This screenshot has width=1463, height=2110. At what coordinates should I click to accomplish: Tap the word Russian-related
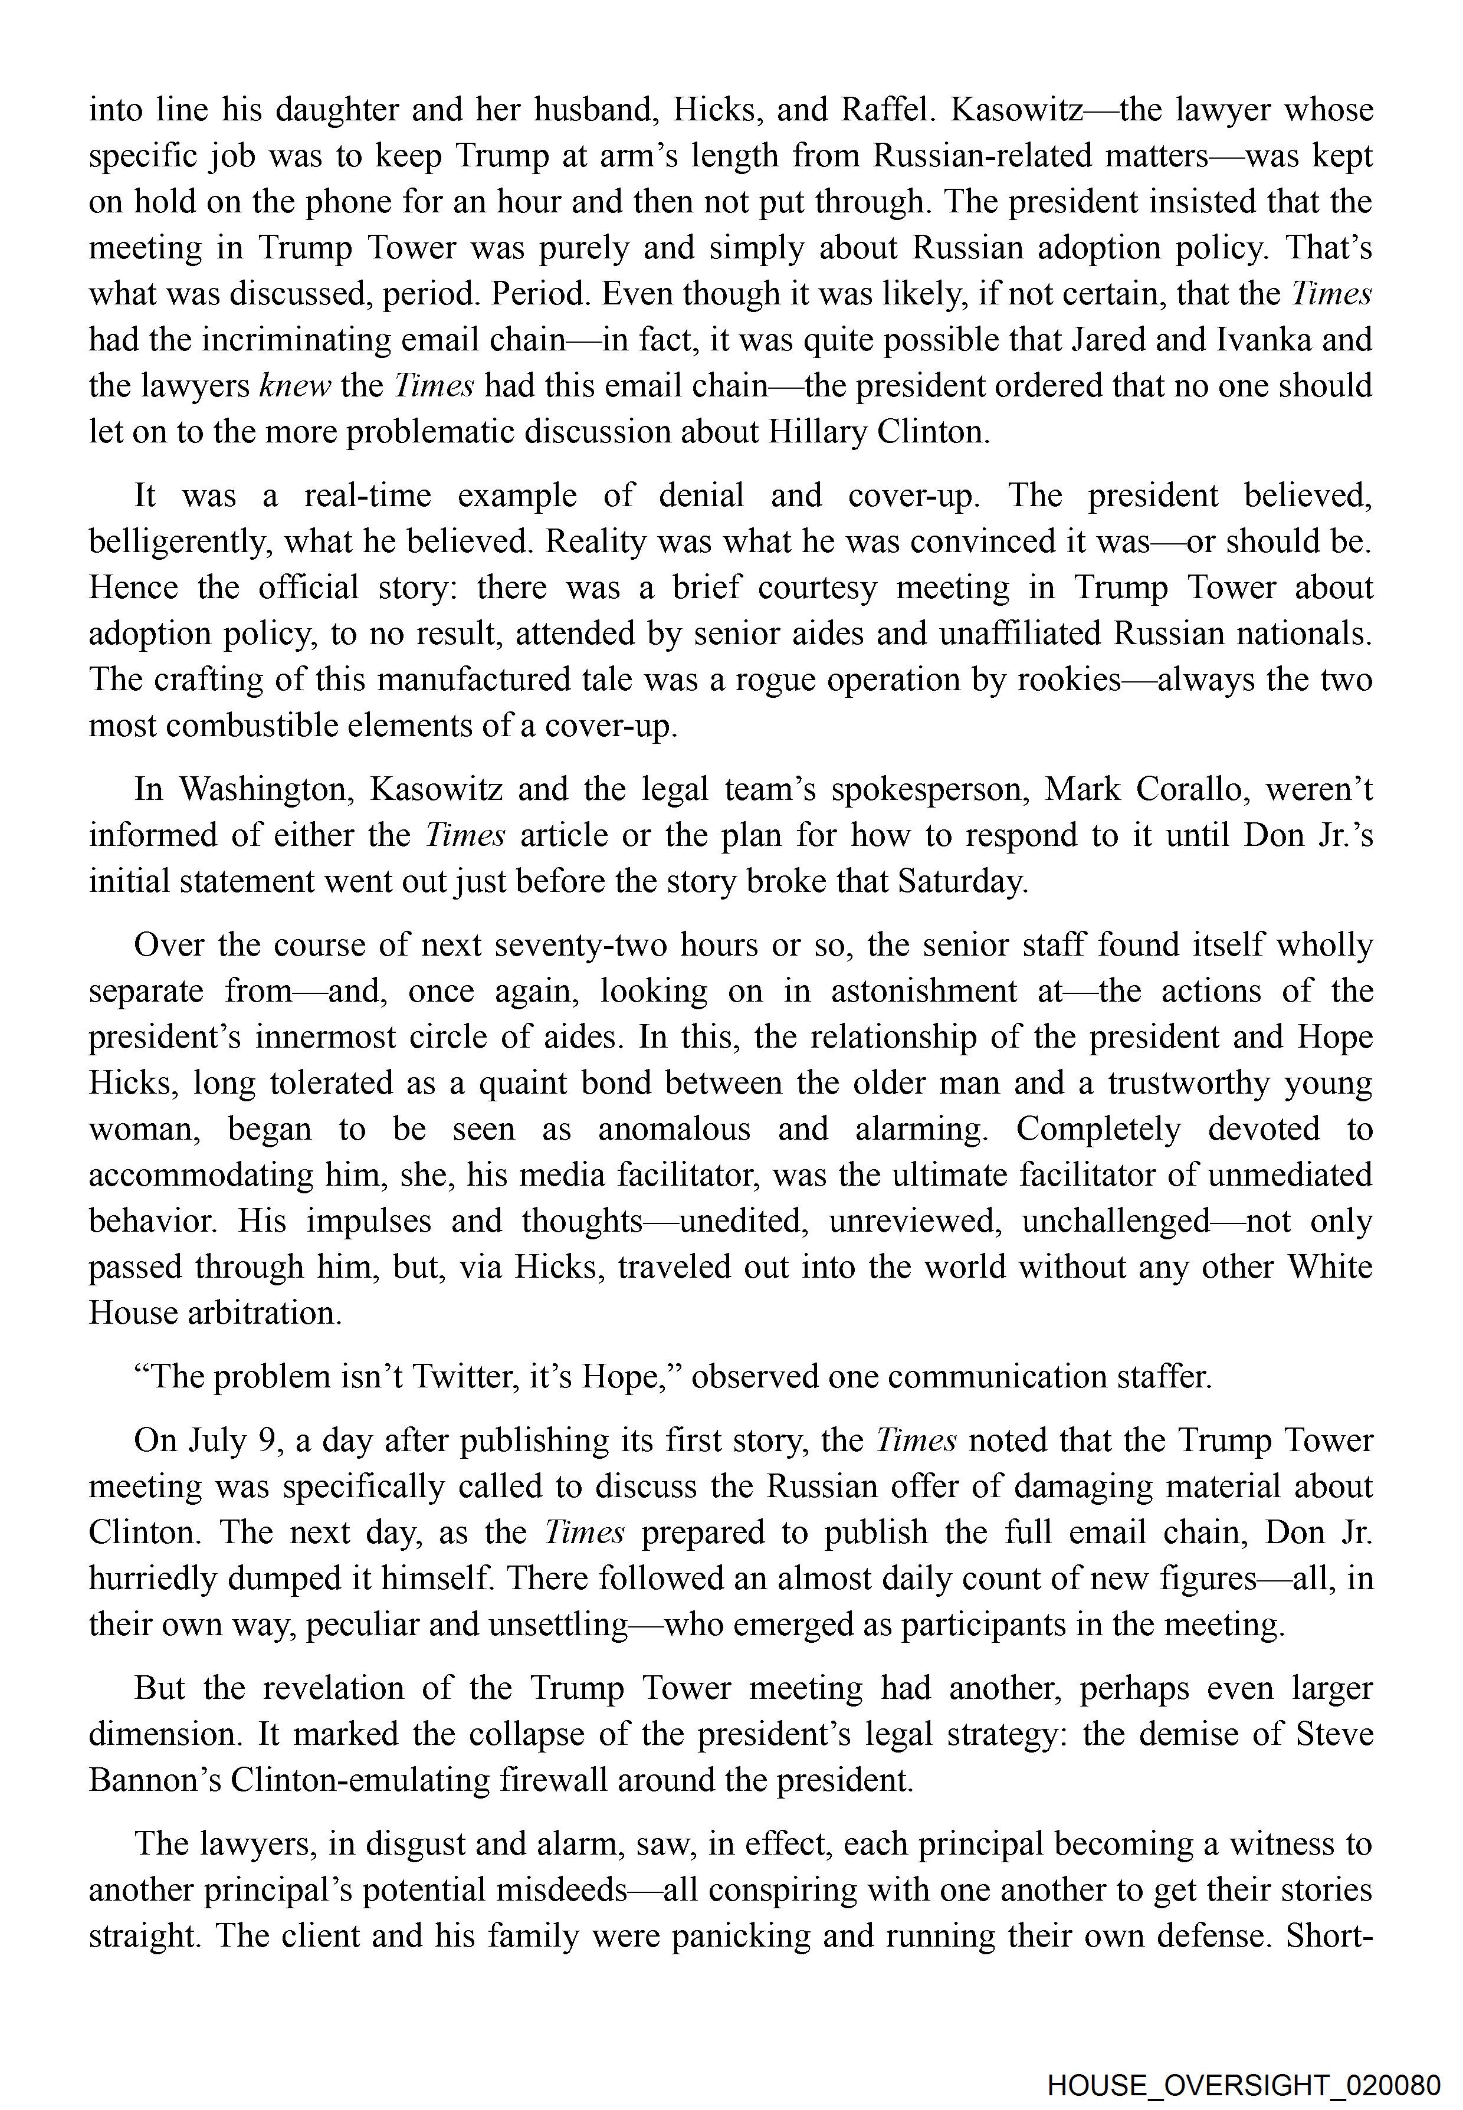coord(981,156)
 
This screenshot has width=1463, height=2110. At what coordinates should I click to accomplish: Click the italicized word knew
coord(295,386)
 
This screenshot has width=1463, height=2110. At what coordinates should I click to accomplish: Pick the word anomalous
coord(674,1129)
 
